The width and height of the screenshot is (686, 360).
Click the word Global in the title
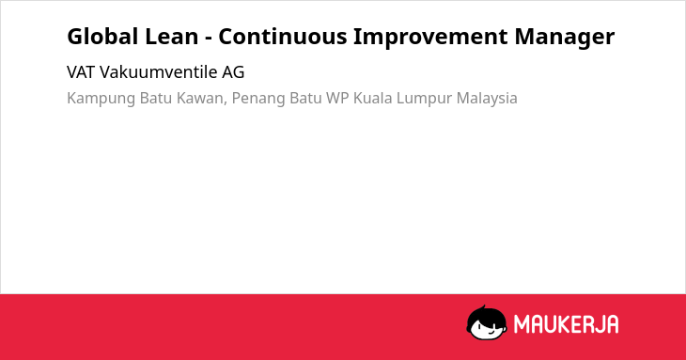pos(102,37)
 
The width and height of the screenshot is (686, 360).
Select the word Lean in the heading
pos(171,37)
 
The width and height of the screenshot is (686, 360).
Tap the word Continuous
pos(283,37)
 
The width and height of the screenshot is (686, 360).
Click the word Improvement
pos(430,38)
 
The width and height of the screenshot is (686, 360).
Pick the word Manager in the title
pos(565,38)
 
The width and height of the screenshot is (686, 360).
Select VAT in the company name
pos(81,72)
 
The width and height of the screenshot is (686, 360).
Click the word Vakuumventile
pos(159,72)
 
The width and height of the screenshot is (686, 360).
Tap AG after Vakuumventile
pos(233,72)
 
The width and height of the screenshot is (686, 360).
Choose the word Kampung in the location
pos(101,99)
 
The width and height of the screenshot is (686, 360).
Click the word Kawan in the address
pos(201,98)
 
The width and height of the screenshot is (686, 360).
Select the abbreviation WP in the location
pos(337,98)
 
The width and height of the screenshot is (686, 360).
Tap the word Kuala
pos(373,98)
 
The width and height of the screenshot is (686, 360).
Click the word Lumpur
pos(424,99)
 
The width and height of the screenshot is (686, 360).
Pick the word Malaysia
pos(487,99)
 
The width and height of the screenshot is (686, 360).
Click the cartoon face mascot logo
pos(487,322)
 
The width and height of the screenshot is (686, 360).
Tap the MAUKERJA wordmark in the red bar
pos(566,324)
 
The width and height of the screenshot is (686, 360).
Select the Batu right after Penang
pos(305,98)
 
